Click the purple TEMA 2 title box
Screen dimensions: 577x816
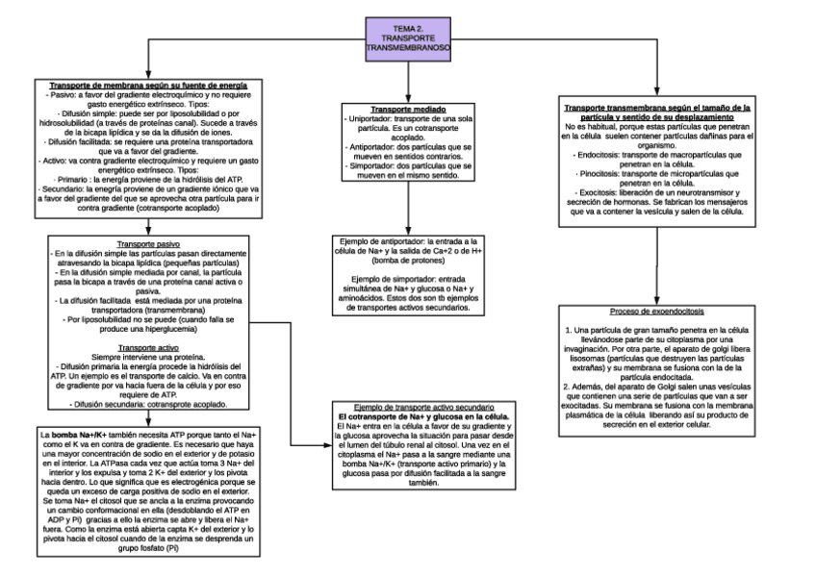409,37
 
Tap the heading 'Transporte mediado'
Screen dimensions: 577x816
408,109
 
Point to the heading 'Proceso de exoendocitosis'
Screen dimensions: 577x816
658,313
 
